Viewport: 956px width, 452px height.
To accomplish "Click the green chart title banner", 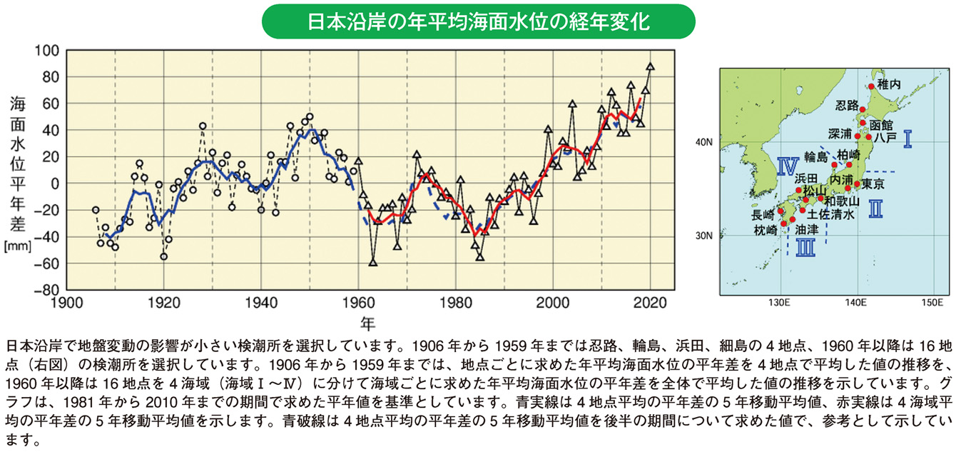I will tap(478, 21).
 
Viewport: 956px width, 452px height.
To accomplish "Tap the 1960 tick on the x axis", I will tap(358, 303).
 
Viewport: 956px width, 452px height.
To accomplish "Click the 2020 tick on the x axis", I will tap(650, 303).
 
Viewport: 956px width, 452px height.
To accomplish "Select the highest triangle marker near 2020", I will tap(650, 66).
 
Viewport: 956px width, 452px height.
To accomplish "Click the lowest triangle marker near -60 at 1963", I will tap(372, 263).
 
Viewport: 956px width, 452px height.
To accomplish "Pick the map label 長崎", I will tap(762, 214).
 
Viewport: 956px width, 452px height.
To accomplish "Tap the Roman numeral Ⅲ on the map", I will tap(805, 247).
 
